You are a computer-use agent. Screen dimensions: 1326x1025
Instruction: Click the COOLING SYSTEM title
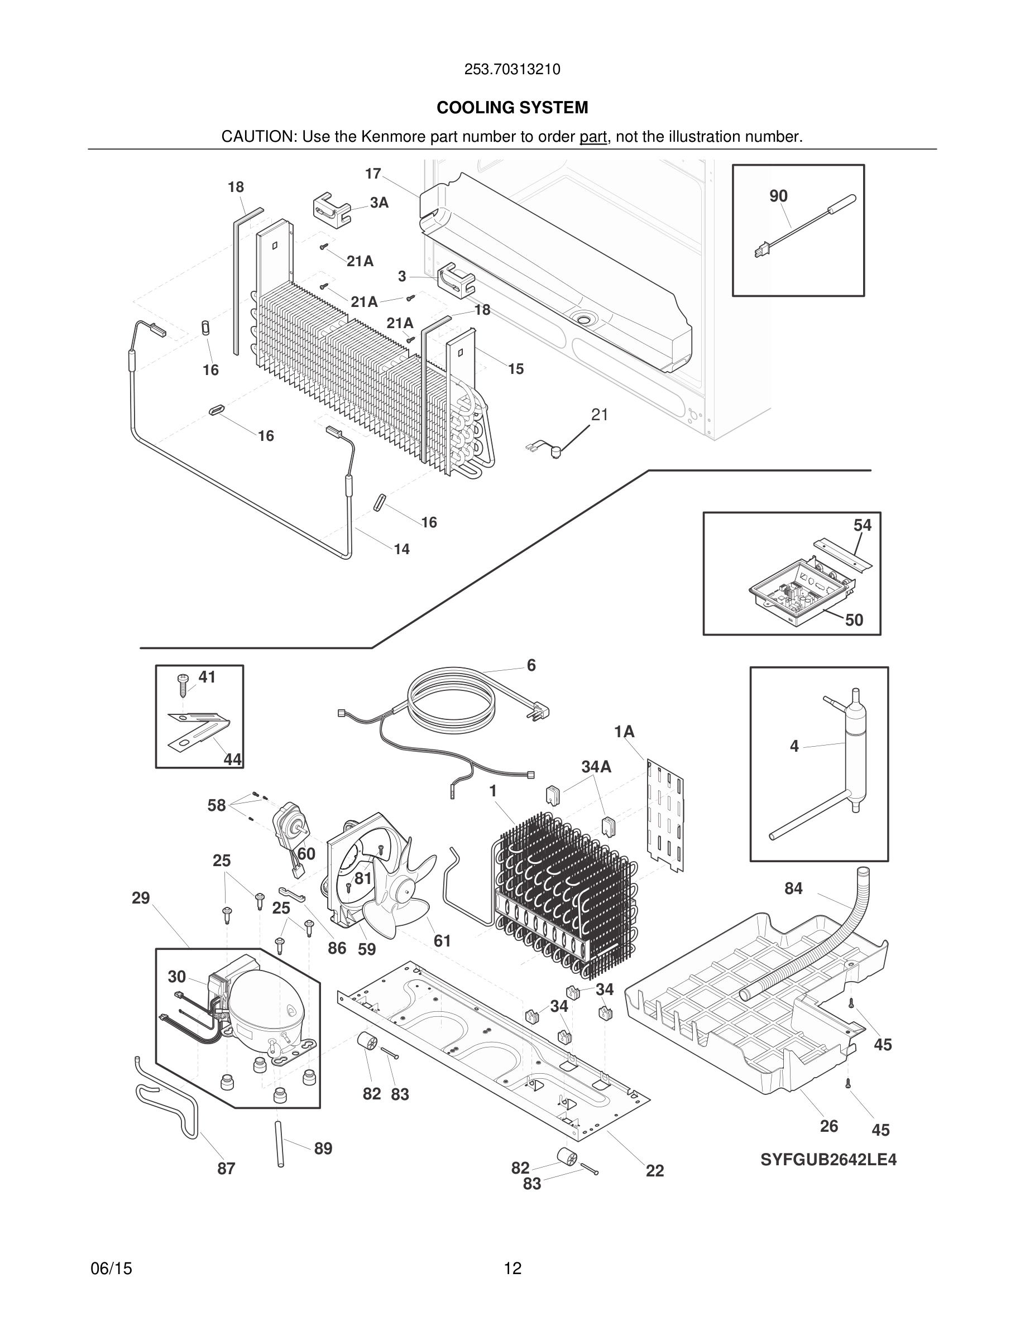click(x=512, y=108)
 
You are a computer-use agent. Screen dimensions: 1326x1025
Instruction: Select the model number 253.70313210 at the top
click(x=512, y=70)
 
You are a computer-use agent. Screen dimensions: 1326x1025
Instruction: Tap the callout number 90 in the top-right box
click(x=778, y=196)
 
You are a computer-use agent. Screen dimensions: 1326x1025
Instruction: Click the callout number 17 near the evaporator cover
click(x=372, y=174)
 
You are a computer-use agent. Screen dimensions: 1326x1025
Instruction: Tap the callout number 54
click(x=863, y=525)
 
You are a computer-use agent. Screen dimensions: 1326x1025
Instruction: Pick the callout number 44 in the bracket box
click(x=232, y=759)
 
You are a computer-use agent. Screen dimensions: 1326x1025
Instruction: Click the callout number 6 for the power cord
click(x=531, y=665)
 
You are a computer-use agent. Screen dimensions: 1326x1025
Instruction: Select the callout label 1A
click(x=624, y=732)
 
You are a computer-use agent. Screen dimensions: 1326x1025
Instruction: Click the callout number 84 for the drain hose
click(x=793, y=888)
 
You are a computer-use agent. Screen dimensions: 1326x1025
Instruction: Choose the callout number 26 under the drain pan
click(x=828, y=1126)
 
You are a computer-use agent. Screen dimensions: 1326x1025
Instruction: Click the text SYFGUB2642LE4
click(x=828, y=1160)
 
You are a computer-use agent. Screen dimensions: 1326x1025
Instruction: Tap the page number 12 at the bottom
click(x=512, y=1268)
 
